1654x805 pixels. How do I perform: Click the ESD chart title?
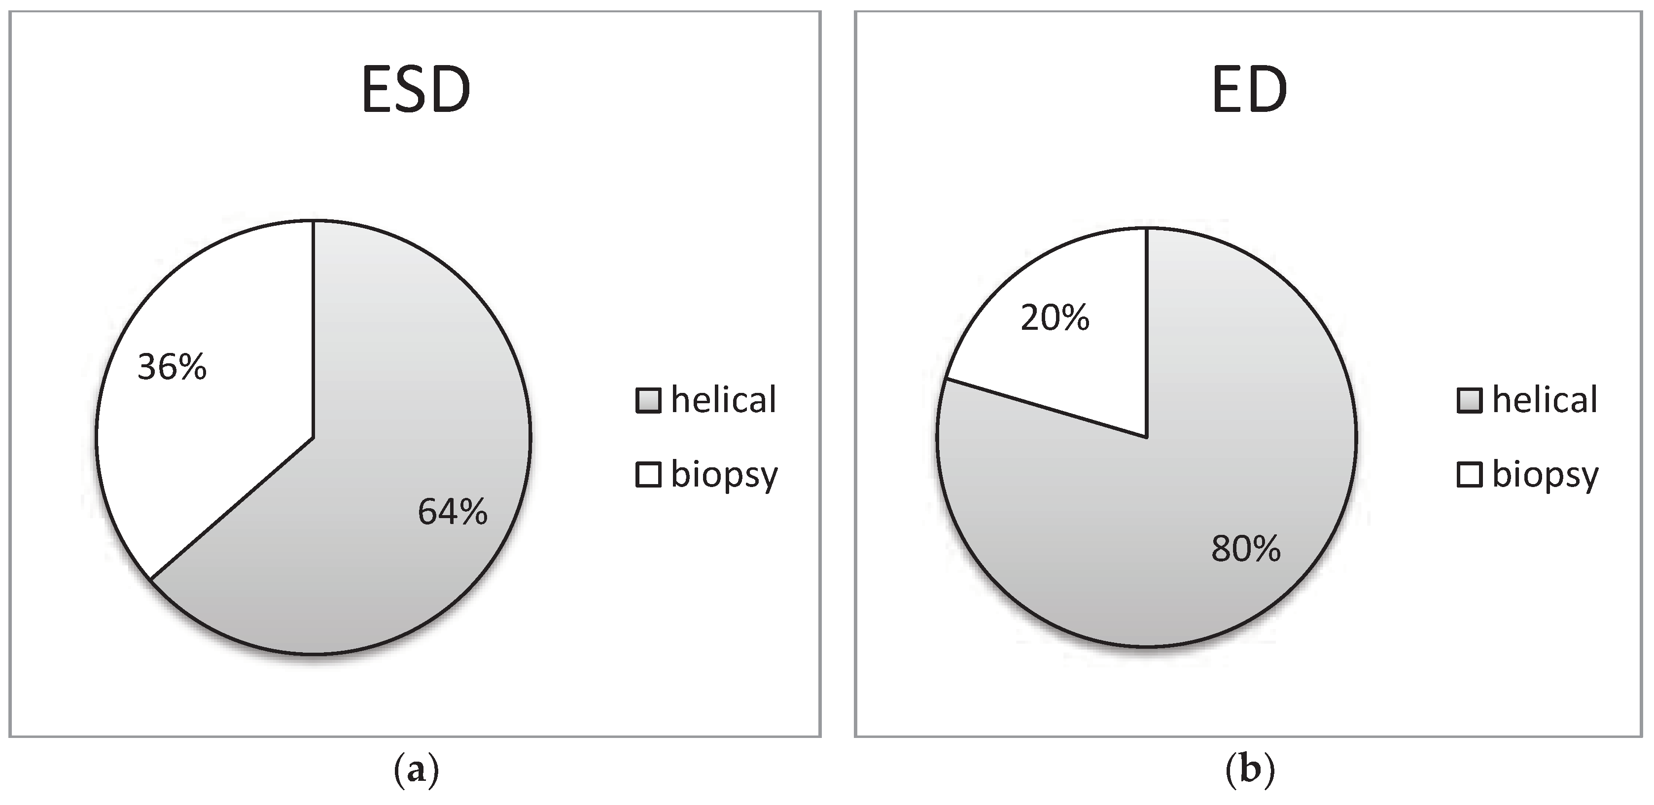click(416, 91)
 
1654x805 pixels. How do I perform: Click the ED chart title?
click(1249, 91)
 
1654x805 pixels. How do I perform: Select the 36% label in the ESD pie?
click(172, 368)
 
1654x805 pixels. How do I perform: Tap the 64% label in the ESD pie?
click(453, 512)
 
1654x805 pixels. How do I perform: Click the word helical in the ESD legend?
click(724, 400)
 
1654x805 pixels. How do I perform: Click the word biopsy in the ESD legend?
click(724, 476)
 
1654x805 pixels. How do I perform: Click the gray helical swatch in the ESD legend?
click(648, 401)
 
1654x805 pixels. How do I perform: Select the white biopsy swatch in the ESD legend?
click(648, 475)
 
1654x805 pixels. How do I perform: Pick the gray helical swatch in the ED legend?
click(1469, 401)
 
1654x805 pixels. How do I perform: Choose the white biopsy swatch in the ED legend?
click(1469, 475)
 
